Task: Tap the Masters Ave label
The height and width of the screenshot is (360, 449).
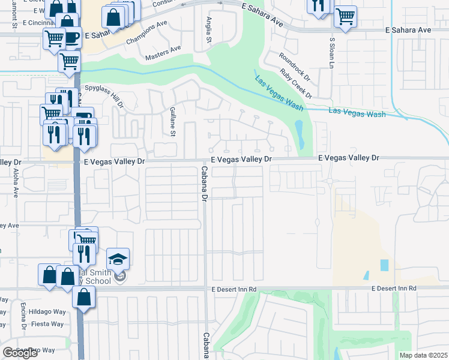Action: pos(164,53)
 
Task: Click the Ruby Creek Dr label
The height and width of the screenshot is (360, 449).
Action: pos(297,83)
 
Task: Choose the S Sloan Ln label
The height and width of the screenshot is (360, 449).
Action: pos(331,53)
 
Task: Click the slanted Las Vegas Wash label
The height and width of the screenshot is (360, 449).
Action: pos(279,93)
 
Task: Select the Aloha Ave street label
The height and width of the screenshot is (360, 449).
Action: pos(16,183)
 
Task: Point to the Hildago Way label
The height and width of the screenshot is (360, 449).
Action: pos(49,312)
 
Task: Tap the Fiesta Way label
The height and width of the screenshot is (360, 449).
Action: pos(48,324)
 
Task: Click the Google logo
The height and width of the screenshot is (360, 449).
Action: pos(20,353)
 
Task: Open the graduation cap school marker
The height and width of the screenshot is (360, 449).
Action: pos(118,259)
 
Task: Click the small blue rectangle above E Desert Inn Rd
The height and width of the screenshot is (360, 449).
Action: pos(384,265)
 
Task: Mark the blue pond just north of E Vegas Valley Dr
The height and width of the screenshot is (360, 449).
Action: pos(300,136)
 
